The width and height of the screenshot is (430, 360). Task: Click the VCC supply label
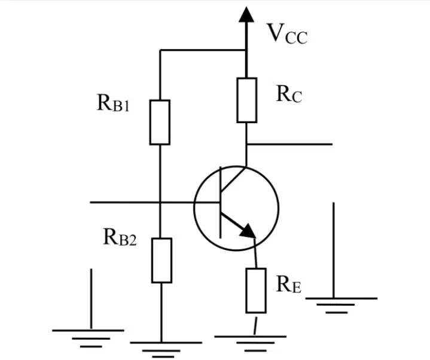tap(288, 33)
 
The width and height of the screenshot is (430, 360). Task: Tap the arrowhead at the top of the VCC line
tap(246, 14)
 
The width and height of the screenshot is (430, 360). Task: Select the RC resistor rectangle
tap(246, 100)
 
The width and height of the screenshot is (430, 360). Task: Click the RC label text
tap(289, 94)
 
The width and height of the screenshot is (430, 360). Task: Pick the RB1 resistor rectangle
tap(160, 122)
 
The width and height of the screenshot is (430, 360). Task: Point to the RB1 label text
tap(113, 103)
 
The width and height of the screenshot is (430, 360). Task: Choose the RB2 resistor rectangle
tap(162, 261)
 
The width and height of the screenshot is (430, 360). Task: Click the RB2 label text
tap(120, 237)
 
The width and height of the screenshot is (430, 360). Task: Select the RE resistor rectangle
tap(256, 291)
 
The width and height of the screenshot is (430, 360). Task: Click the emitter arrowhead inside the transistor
tap(248, 230)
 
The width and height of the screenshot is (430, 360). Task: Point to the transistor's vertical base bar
tap(220, 202)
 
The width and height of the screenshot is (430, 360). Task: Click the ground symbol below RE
tap(250, 343)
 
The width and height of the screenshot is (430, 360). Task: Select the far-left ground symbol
tap(88, 338)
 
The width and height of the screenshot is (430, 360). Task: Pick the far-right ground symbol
tap(341, 305)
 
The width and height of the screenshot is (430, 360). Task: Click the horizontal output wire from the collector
tap(289, 144)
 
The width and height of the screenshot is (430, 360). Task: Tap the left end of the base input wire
tap(90, 202)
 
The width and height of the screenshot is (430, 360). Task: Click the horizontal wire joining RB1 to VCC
tap(203, 50)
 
